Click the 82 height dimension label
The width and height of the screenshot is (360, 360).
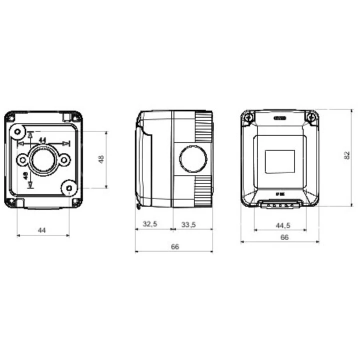pyautogui.click(x=347, y=156)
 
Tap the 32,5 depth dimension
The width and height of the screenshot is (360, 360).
pyautogui.click(x=150, y=224)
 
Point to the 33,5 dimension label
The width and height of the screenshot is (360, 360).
pyautogui.click(x=188, y=224)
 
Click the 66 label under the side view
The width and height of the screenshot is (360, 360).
pyautogui.click(x=174, y=246)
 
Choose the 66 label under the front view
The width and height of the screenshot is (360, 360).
pyautogui.click(x=284, y=237)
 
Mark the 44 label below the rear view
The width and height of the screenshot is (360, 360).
pyautogui.click(x=42, y=230)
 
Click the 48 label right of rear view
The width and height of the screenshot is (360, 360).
pyautogui.click(x=100, y=159)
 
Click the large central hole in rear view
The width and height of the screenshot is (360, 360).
pyautogui.click(x=43, y=160)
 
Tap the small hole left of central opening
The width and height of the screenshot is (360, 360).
pyautogui.click(x=22, y=160)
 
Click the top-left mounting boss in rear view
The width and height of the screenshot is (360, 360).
pyautogui.click(x=17, y=132)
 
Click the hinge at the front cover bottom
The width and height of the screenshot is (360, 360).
pyautogui.click(x=279, y=204)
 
